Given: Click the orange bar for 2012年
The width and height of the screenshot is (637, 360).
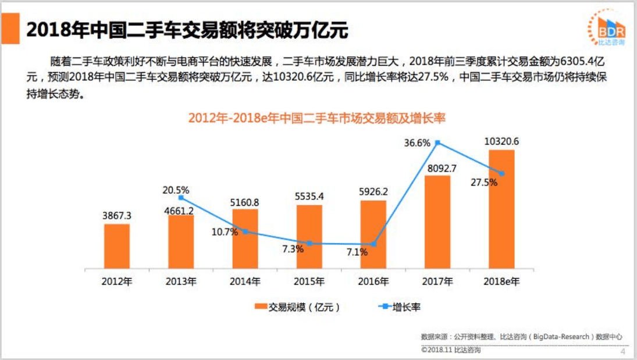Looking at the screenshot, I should click(x=117, y=246).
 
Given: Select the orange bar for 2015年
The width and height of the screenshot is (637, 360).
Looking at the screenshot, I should click(x=309, y=237).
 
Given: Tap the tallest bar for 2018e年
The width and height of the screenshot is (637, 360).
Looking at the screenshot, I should click(x=501, y=209).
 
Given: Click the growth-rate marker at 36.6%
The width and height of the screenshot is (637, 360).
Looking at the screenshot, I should click(x=437, y=142).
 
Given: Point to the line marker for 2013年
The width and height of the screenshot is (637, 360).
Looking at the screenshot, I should click(x=181, y=198).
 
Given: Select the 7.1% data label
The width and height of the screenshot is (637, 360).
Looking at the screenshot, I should click(x=357, y=252).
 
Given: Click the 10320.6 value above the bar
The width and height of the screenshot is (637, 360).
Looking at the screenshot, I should click(x=501, y=141).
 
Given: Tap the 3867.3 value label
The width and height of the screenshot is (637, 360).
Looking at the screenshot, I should click(x=117, y=216).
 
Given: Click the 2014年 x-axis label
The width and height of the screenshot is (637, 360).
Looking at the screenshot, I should click(x=245, y=281).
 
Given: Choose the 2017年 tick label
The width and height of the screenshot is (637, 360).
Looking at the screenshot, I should click(x=437, y=281).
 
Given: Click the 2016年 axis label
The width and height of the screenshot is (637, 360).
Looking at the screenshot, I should click(x=373, y=281).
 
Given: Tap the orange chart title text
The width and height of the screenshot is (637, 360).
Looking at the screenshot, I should click(x=316, y=118).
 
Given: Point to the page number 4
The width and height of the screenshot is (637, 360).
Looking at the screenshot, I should click(x=622, y=351).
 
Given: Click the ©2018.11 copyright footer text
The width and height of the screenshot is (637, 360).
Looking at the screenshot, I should click(x=451, y=350).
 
